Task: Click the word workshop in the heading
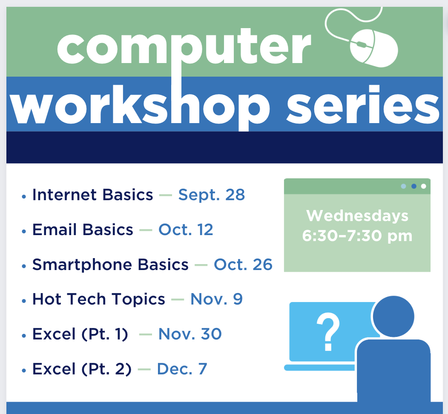[140, 107]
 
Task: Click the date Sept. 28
[211, 195]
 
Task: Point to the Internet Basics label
[92, 195]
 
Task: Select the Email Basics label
[83, 230]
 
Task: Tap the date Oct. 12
[186, 230]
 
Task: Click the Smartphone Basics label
[110, 265]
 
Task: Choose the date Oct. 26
[243, 264]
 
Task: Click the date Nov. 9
[216, 299]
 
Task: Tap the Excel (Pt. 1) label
[80, 334]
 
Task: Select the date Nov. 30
[190, 334]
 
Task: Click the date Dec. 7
[182, 369]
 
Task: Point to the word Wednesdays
[357, 216]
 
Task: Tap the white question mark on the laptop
[328, 331]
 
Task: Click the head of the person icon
[393, 316]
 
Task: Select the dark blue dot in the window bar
[414, 186]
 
